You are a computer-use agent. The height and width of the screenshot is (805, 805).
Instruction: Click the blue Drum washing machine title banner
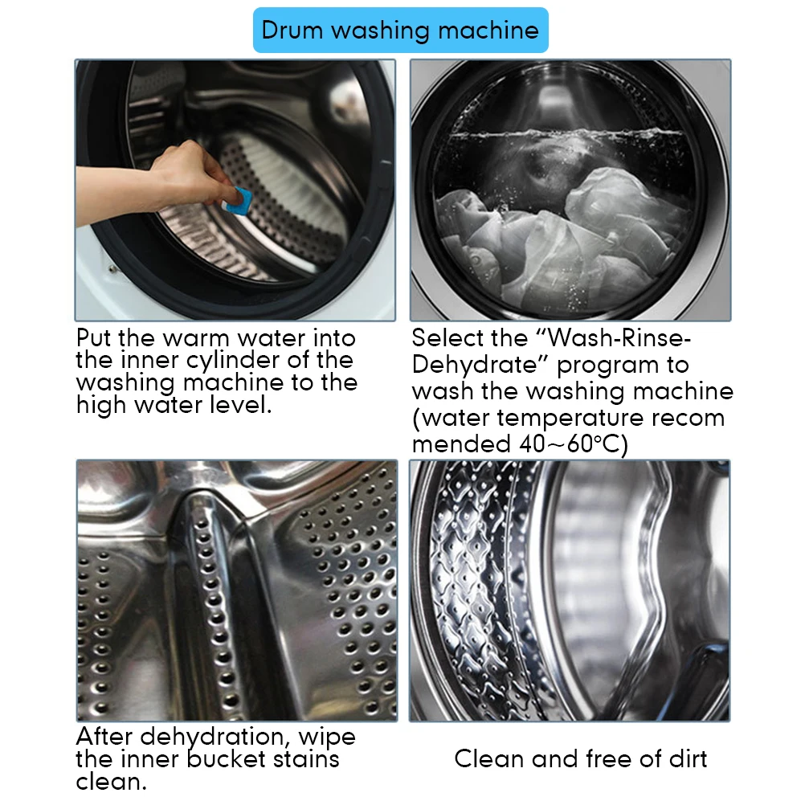[x=400, y=31]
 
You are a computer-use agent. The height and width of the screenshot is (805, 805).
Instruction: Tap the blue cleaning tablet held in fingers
[x=237, y=201]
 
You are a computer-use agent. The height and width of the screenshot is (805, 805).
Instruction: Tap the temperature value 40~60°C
[x=573, y=443]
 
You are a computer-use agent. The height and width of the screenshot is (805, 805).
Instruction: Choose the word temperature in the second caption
[x=570, y=419]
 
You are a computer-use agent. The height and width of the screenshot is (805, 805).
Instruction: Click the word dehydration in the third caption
[x=211, y=738]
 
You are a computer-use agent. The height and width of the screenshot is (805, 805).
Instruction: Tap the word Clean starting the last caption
[x=489, y=758]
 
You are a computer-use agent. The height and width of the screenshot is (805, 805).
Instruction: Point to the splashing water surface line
[x=565, y=135]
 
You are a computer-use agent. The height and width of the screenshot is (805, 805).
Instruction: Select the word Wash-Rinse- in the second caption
[x=620, y=338]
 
